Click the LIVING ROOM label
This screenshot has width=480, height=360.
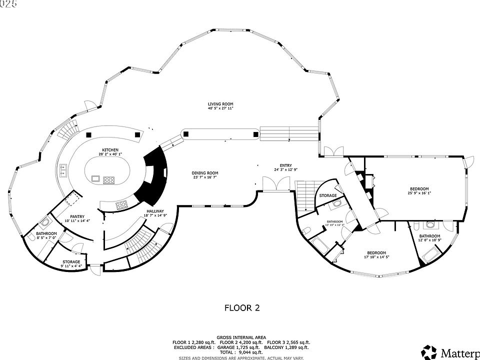click(220, 104)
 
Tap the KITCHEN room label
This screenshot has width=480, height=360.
click(110, 150)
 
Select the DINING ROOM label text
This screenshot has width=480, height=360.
click(205, 173)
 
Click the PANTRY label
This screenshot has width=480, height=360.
click(76, 216)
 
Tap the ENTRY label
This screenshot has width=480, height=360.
click(285, 165)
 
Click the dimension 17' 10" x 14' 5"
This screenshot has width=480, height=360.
click(376, 257)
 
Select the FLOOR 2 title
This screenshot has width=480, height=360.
click(241, 308)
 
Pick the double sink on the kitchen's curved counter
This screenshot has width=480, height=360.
click(63, 170)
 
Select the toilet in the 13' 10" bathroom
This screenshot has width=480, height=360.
click(306, 229)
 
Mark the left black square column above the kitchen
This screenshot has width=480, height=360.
click(88, 134)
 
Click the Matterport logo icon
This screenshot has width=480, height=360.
click(428, 351)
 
